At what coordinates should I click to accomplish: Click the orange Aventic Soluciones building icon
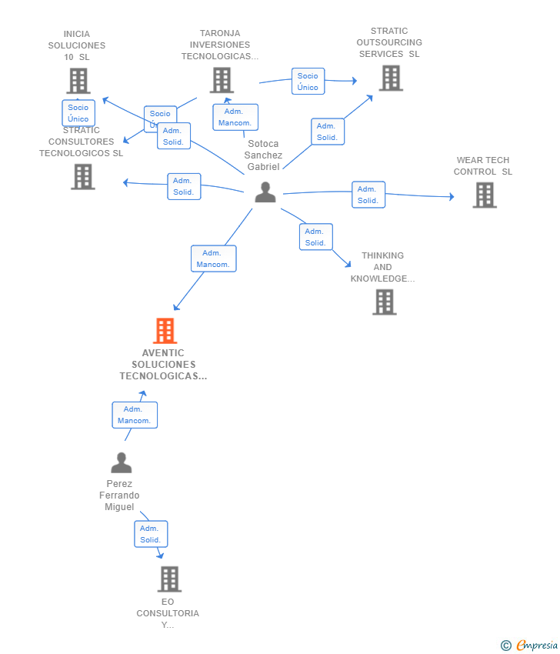[x=165, y=331]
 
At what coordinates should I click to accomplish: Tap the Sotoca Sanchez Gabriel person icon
[x=265, y=192]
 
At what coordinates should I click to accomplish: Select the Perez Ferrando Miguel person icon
[x=122, y=462]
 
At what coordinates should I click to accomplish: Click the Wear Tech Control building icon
[x=485, y=195]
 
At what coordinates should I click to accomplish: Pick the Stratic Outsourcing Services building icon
[x=391, y=78]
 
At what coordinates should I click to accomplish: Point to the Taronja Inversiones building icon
[x=222, y=80]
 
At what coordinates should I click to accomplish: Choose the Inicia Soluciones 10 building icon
[x=78, y=81]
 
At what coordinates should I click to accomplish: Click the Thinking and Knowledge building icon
[x=384, y=302]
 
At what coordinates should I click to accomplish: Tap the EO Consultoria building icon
[x=169, y=579]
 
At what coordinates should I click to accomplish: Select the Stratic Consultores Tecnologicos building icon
[x=83, y=176]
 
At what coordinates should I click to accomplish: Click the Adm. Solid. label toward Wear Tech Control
[x=368, y=195]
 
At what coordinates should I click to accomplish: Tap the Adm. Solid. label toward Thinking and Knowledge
[x=315, y=237]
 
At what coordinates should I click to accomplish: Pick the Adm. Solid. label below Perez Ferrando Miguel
[x=151, y=534]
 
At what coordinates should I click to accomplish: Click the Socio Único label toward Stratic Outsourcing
[x=308, y=82]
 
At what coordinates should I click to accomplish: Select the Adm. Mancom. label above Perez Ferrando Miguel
[x=135, y=415]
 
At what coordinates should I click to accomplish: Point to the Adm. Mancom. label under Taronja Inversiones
[x=235, y=117]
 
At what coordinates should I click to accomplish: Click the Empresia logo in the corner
[x=530, y=645]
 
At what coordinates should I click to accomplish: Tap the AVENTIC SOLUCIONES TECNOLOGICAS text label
[x=163, y=365]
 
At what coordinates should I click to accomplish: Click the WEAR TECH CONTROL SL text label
[x=483, y=166]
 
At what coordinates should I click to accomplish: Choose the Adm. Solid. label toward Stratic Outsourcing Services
[x=328, y=132]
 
